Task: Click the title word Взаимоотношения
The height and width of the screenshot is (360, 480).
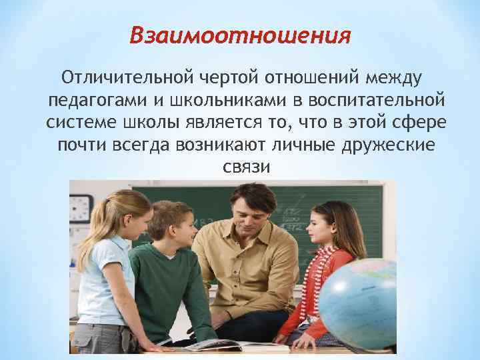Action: (239, 34)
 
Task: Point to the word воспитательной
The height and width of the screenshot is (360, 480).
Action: (372, 101)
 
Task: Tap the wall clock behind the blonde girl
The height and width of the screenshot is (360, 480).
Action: (81, 208)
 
